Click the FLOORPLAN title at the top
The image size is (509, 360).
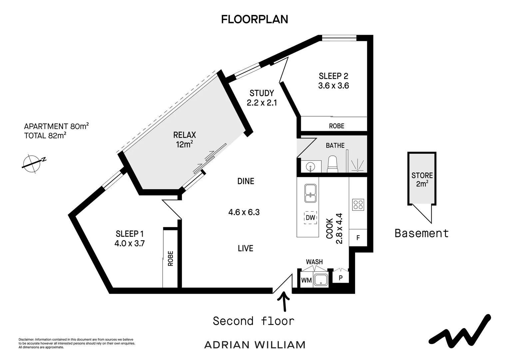click(254, 19)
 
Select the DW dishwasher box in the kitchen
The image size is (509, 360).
click(310, 218)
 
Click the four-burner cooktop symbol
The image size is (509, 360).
click(358, 204)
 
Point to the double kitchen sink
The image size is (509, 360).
click(310, 193)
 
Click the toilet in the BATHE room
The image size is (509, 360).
click(333, 165)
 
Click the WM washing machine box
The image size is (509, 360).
click(306, 280)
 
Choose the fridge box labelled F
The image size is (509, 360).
click(358, 238)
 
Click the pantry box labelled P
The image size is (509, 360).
click(340, 277)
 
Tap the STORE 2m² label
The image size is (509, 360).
click(422, 179)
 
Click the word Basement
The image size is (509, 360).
click(421, 233)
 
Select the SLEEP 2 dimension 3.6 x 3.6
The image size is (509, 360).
click(333, 86)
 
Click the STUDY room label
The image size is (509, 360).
click(262, 93)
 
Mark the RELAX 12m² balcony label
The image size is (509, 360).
click(185, 139)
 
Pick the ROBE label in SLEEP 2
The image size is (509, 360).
click(336, 126)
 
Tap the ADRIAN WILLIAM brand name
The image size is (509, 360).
click(254, 345)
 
